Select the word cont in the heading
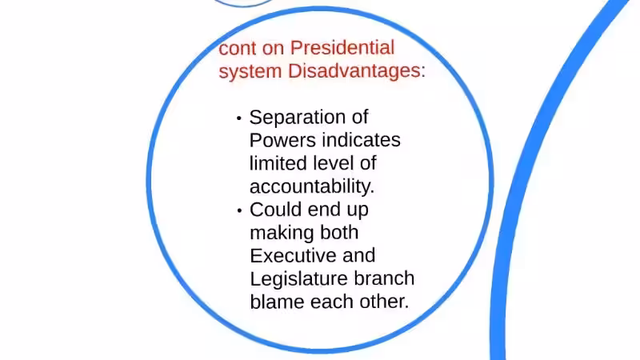[238, 48]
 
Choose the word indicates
[361, 140]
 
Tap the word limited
[277, 163]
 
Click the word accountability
[311, 186]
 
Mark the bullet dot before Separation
[238, 118]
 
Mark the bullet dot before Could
[238, 210]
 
